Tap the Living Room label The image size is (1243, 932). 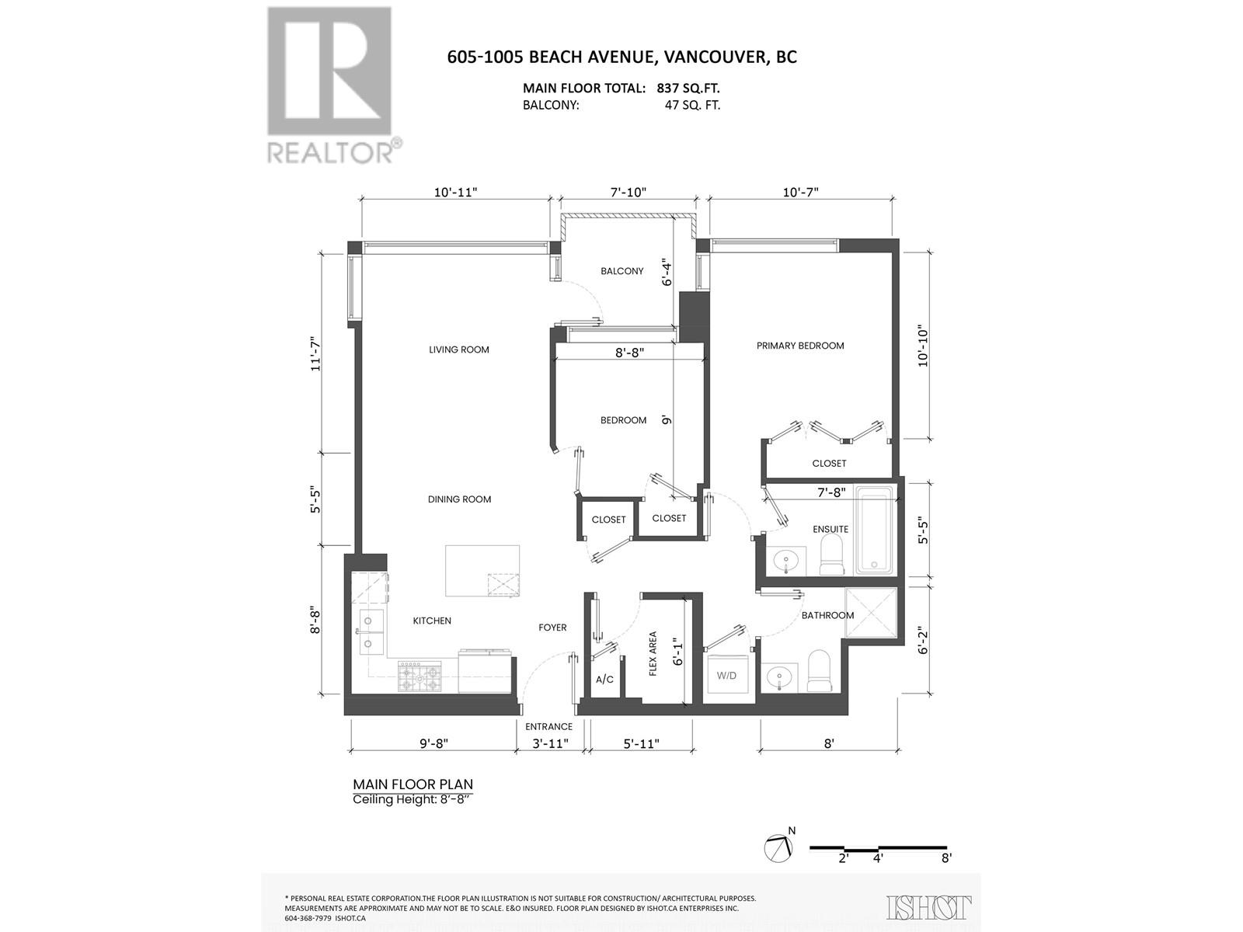click(459, 349)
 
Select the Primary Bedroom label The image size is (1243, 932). click(800, 346)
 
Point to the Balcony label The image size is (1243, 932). click(621, 271)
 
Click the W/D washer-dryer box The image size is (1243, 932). click(727, 674)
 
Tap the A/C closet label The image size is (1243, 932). click(604, 680)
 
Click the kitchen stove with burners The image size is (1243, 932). click(420, 676)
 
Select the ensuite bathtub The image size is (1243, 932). click(875, 530)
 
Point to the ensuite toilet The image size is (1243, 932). click(832, 554)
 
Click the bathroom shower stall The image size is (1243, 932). click(870, 614)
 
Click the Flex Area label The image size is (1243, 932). click(653, 653)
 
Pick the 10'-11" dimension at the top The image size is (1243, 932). click(455, 192)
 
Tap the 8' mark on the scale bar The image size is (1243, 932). click(945, 858)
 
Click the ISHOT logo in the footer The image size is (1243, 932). click(929, 907)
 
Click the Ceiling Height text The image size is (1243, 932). click(412, 800)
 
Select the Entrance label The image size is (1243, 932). click(548, 727)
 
